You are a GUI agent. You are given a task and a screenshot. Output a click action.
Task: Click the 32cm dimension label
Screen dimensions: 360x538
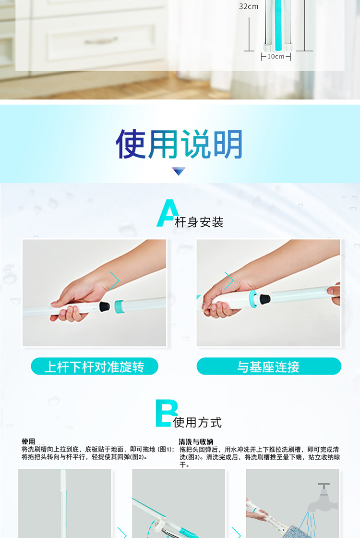(249, 7)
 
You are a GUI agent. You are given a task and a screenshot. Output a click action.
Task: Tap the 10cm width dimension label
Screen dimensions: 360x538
(276, 57)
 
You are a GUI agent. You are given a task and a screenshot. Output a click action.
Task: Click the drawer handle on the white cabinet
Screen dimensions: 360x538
(101, 41)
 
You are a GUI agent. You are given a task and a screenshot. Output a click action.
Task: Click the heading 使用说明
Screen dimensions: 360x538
(180, 144)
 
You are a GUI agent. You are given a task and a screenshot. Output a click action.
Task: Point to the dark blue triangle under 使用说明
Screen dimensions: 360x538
(179, 171)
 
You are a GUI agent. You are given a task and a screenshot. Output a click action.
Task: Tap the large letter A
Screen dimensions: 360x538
(168, 213)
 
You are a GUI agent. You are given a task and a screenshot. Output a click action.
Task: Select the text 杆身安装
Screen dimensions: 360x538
(199, 222)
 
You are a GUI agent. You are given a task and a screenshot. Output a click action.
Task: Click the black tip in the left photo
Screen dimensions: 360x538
(104, 306)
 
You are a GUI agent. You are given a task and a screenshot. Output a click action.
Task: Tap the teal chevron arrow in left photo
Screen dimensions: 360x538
(115, 281)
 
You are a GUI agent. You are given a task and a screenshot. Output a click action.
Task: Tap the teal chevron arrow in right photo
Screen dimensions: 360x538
(229, 281)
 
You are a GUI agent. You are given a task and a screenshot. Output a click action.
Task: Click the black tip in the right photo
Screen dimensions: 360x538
(264, 298)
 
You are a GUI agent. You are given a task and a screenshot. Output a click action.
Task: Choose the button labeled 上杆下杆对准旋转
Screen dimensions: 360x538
(95, 367)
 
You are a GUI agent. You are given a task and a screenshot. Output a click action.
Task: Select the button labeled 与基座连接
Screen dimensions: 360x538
(269, 367)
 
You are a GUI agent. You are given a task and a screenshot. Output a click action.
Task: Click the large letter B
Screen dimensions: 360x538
(166, 413)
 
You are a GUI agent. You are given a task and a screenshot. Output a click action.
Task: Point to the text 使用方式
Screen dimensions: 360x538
(197, 422)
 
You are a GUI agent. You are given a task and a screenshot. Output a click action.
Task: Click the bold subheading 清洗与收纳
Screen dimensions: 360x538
(196, 442)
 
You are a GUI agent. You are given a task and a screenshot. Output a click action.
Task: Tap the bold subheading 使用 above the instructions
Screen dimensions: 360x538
(28, 441)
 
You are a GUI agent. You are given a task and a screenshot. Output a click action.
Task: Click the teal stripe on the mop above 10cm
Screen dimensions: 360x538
(278, 24)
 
